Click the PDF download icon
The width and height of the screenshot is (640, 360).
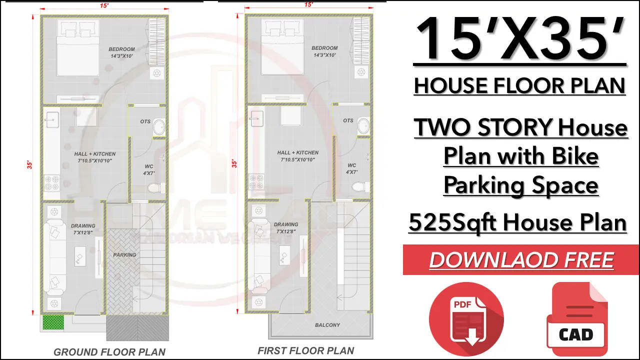click(x=466, y=319)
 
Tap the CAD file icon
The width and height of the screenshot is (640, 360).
click(x=577, y=319)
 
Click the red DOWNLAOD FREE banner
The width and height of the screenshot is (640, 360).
click(x=521, y=259)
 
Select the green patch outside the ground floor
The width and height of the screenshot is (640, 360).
click(x=53, y=322)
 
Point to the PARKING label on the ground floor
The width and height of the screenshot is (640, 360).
click(x=124, y=255)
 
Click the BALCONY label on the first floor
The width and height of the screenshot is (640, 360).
click(x=327, y=325)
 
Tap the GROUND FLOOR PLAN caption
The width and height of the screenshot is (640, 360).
click(x=109, y=352)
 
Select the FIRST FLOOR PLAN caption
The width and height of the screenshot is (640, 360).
click(x=306, y=350)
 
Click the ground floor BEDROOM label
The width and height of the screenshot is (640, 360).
click(x=121, y=49)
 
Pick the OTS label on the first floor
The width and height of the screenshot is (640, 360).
click(x=348, y=120)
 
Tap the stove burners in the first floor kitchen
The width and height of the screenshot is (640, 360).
click(x=256, y=181)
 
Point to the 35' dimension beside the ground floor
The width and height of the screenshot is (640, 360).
click(x=29, y=165)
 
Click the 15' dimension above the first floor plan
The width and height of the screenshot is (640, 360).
click(x=308, y=4)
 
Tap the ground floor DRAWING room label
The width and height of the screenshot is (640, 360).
click(x=83, y=225)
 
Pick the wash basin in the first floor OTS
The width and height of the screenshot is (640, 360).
click(x=363, y=126)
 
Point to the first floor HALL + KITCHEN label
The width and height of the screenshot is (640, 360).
click(x=297, y=152)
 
